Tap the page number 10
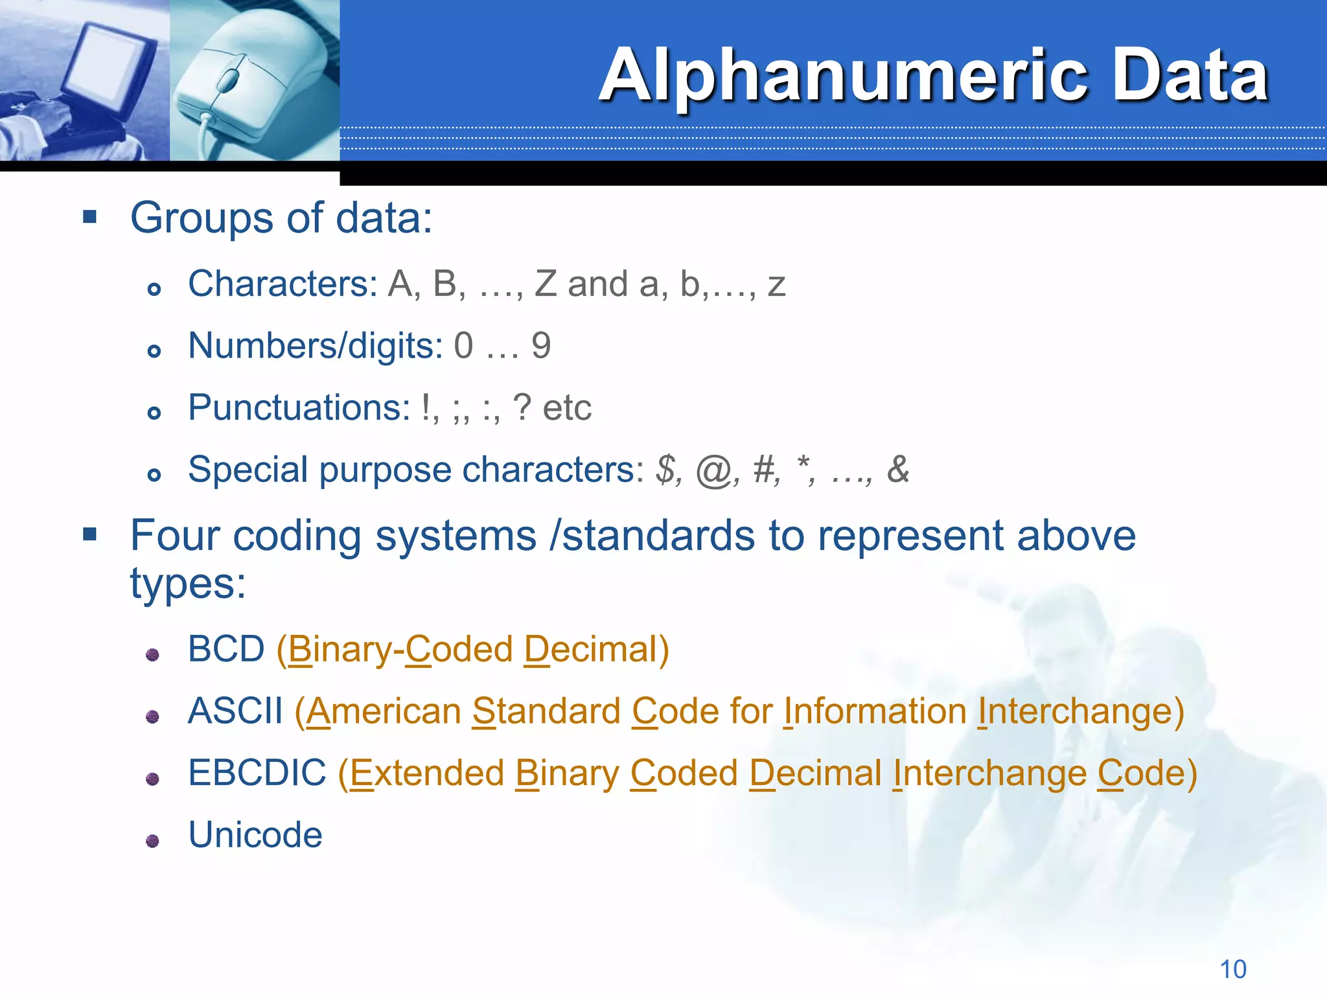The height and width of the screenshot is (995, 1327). tap(1232, 970)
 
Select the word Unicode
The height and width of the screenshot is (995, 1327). tap(255, 835)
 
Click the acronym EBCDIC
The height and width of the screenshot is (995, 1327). tap(257, 773)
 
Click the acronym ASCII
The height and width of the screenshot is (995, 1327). tap(235, 711)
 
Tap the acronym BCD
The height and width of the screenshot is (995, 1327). tap(226, 649)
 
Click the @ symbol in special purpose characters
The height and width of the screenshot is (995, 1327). tap(713, 470)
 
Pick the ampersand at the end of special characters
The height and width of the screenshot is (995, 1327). tap(898, 469)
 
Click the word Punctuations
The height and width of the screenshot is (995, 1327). tap(299, 408)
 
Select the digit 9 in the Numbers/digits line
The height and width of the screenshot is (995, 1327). tap(541, 346)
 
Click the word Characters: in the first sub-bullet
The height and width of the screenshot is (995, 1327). tap(283, 284)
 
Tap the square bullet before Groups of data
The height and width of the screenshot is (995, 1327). tap(90, 216)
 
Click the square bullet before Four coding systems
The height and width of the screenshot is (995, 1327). tap(90, 534)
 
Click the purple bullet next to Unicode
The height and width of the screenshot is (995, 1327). tap(153, 841)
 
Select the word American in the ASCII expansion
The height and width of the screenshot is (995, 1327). tap(384, 711)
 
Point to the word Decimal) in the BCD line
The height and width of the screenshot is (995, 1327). tap(596, 649)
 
